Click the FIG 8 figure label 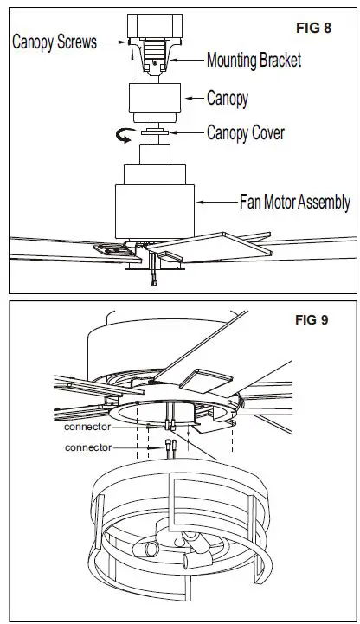click(314, 27)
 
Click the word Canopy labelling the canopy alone click(228, 98)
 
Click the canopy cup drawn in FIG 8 click(155, 101)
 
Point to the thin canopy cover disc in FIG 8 click(156, 132)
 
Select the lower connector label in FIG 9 click(88, 447)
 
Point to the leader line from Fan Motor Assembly click(216, 203)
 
